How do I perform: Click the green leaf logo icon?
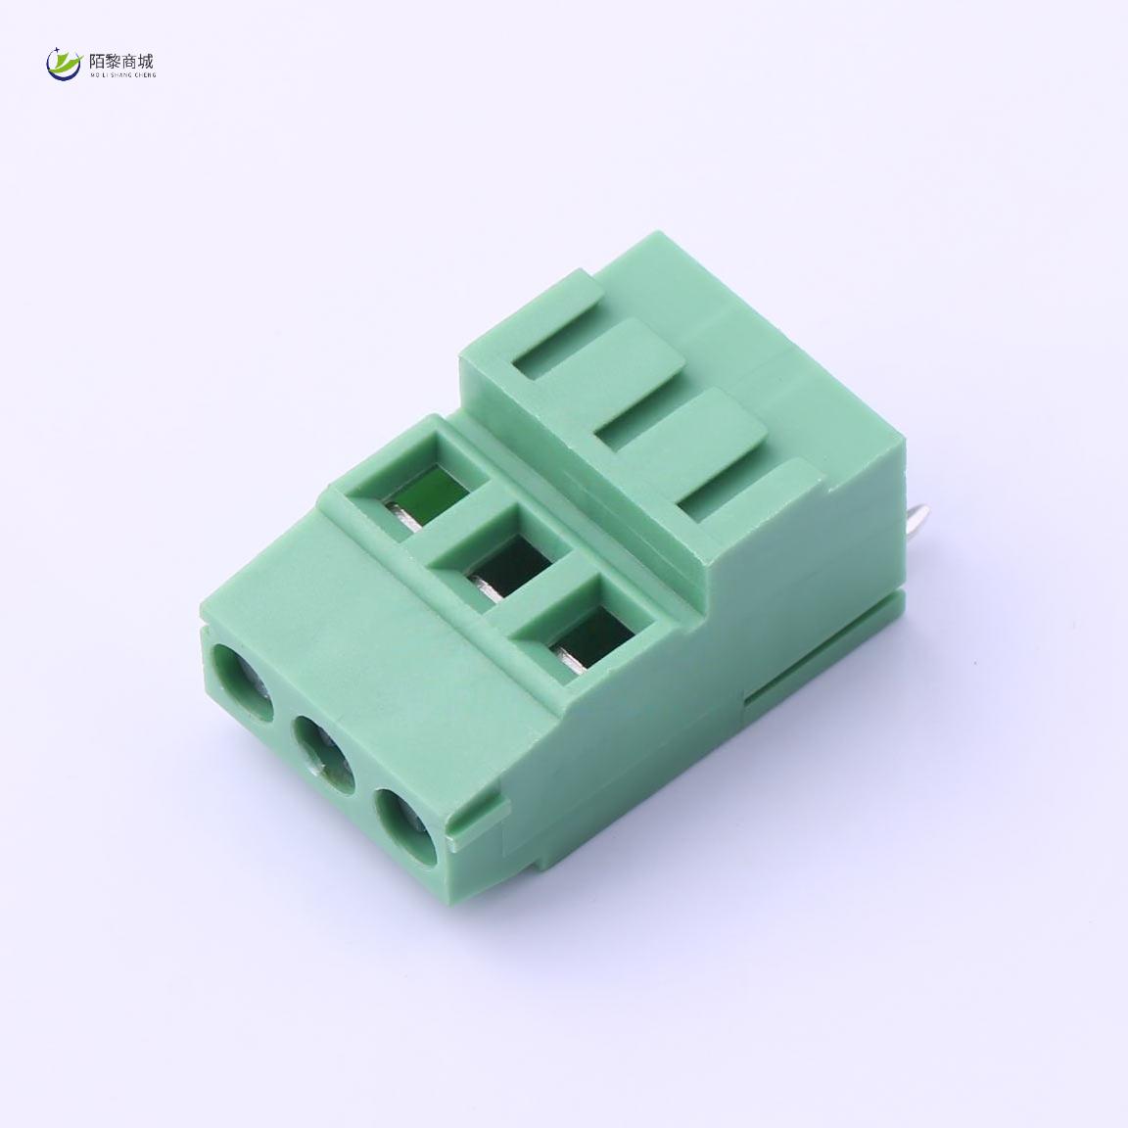tap(65, 64)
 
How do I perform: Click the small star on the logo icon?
tap(56, 51)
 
